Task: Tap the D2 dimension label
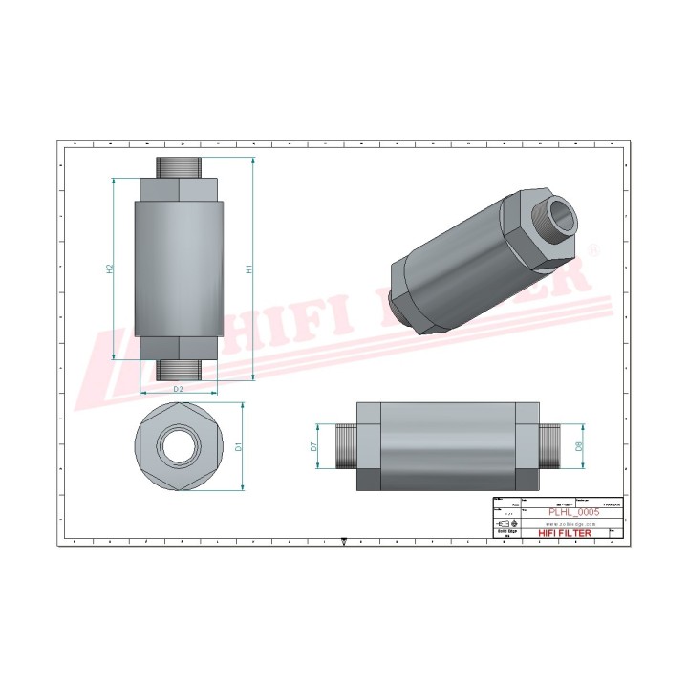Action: click(178, 389)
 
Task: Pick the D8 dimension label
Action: click(579, 445)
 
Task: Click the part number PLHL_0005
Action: click(572, 512)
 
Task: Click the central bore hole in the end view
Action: click(180, 445)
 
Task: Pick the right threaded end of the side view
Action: click(549, 445)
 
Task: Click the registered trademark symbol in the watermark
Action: click(591, 250)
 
